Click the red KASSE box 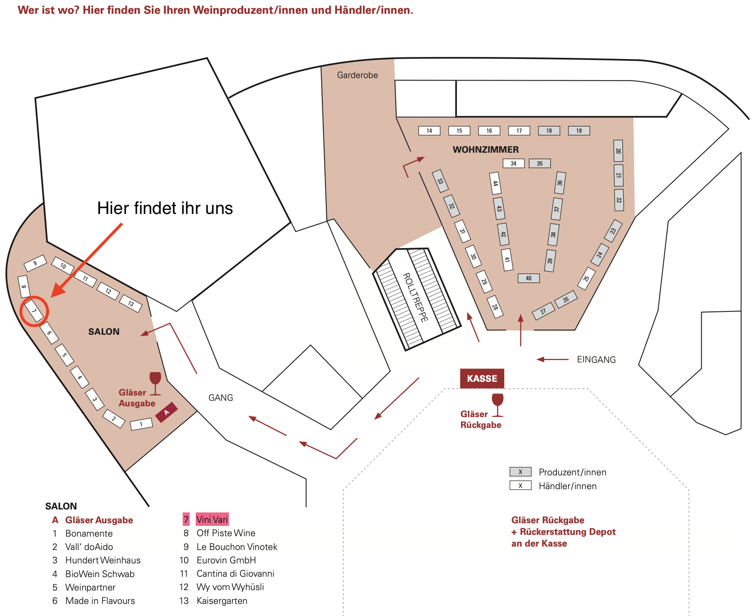coord(482,378)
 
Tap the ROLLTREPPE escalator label coord(415,298)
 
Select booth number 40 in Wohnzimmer coord(528,278)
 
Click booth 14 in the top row coord(429,131)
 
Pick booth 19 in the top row coord(579,131)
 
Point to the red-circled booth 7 coord(34,311)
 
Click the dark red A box coord(166,412)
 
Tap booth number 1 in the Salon coord(141,424)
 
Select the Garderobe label coord(357,75)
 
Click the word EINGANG coord(596,359)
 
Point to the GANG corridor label coord(221,397)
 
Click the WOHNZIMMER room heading coord(486,150)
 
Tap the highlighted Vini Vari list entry coord(212,519)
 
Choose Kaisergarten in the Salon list coord(222,600)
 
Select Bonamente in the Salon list coord(89,533)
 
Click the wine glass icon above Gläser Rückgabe coord(497,405)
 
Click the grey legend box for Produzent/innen coord(520,471)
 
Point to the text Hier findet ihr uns coord(165,208)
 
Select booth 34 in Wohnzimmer coord(513,163)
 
